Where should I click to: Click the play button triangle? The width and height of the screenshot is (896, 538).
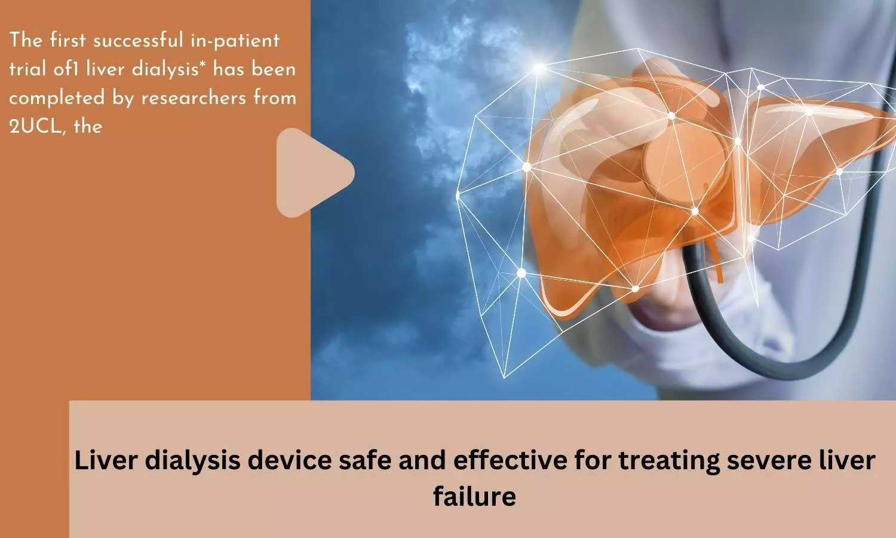[312, 173]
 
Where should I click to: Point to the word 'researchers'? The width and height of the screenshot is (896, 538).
[194, 98]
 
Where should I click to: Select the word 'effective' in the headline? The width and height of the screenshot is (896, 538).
[510, 460]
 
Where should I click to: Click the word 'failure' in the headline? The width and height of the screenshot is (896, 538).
[474, 496]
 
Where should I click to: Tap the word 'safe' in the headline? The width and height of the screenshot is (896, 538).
[364, 460]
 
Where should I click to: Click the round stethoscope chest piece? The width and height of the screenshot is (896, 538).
[685, 164]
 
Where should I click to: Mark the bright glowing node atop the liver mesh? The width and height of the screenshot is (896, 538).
[539, 68]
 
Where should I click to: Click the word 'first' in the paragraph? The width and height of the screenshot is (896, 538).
[68, 40]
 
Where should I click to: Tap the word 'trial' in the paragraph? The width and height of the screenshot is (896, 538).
[27, 69]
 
